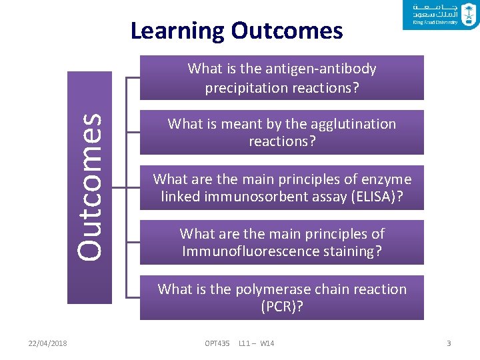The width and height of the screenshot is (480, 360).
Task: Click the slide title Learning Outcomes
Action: tap(237, 31)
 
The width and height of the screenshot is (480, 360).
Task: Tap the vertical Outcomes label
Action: tap(89, 186)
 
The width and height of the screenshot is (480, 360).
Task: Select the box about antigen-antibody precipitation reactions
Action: tap(281, 78)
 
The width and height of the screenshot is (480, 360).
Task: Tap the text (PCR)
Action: tap(281, 307)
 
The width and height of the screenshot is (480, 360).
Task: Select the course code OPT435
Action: tap(217, 343)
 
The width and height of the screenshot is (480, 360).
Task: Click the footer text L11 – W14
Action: tap(257, 343)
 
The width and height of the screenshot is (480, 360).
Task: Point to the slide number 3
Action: tap(449, 343)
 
